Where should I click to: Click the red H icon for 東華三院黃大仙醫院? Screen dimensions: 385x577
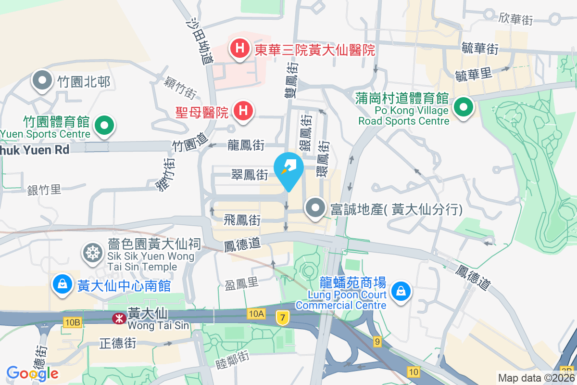(239, 49)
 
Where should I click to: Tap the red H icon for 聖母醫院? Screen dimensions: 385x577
(243, 111)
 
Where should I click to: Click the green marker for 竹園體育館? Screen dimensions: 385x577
(104, 126)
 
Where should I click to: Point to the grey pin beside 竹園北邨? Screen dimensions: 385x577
(42, 81)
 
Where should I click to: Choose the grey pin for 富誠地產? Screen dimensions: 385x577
(315, 209)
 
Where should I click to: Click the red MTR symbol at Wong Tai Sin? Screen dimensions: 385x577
(117, 318)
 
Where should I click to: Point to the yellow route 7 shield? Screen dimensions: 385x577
(283, 318)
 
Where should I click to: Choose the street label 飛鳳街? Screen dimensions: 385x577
(242, 220)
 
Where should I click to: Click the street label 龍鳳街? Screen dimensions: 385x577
(246, 144)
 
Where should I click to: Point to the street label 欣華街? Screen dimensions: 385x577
(515, 19)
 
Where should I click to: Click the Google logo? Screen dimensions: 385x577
(32, 373)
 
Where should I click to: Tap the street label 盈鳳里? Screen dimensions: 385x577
(242, 284)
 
